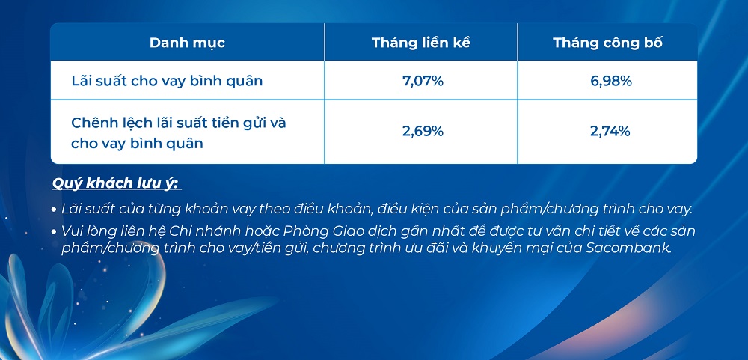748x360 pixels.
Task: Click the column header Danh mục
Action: (x=187, y=43)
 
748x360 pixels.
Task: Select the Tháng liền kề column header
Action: (x=421, y=43)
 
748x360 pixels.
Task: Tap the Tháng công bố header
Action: (x=607, y=43)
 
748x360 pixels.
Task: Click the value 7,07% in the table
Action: (x=423, y=81)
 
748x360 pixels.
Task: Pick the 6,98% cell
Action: (x=611, y=81)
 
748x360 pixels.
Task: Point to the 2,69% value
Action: (x=423, y=131)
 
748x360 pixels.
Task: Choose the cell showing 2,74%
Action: (x=610, y=131)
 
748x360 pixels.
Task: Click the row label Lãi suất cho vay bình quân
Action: (x=167, y=81)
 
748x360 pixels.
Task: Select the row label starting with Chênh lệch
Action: (x=179, y=132)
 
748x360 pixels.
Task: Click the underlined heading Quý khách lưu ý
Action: (x=117, y=184)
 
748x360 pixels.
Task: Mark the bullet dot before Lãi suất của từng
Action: (x=55, y=210)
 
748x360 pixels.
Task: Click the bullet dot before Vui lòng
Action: (x=55, y=232)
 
